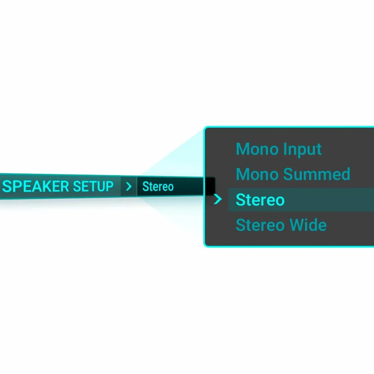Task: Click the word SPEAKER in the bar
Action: (36, 186)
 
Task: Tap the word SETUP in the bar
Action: (93, 186)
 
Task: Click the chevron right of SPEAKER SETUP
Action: (128, 187)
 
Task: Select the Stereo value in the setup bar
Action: (158, 187)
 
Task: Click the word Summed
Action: (317, 174)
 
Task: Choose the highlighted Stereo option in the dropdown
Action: (260, 200)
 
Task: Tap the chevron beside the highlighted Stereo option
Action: (218, 199)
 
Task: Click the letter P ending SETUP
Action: (109, 186)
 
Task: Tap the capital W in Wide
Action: (298, 225)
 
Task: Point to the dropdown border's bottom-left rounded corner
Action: (206, 245)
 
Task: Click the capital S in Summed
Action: (288, 174)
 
